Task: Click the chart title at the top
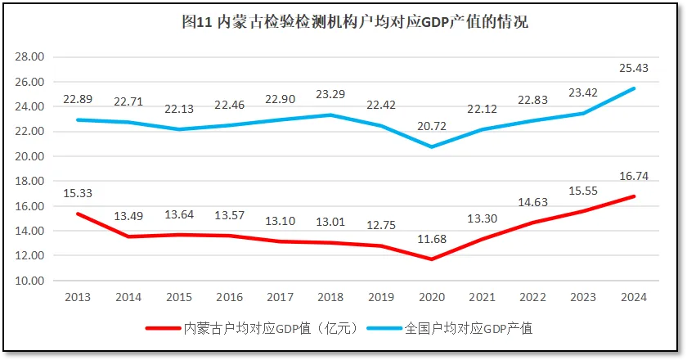[x=354, y=23]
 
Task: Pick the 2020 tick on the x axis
[x=433, y=296]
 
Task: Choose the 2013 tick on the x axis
[x=78, y=296]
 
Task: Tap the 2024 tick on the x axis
[x=635, y=296]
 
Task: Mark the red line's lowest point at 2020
[x=433, y=259]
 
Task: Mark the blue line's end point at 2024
[x=634, y=88]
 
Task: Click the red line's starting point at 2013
[x=78, y=214]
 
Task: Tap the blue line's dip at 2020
[x=433, y=146]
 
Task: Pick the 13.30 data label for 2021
[x=483, y=218]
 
